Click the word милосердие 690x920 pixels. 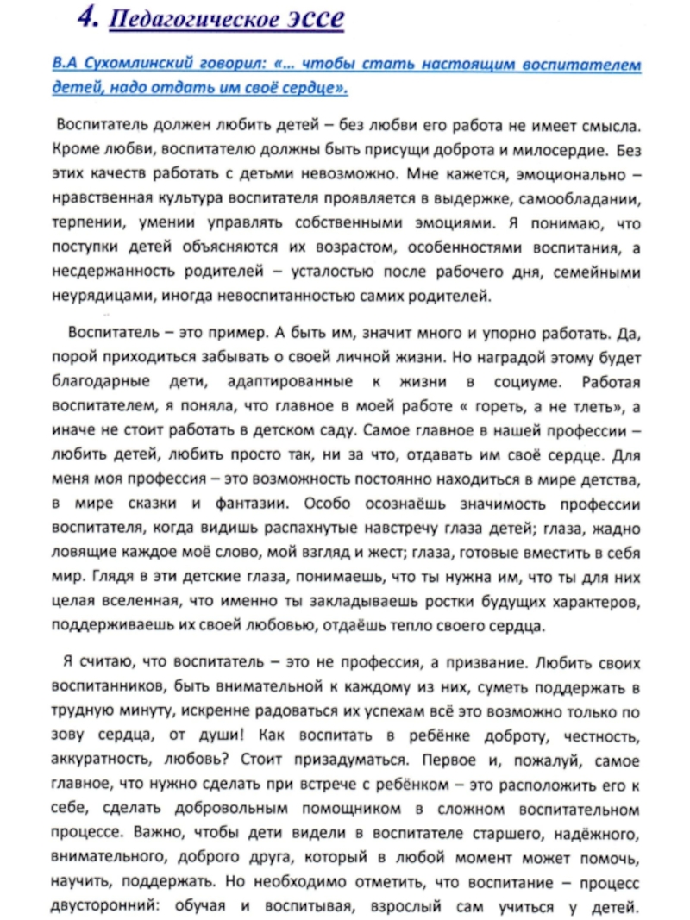(x=559, y=149)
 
